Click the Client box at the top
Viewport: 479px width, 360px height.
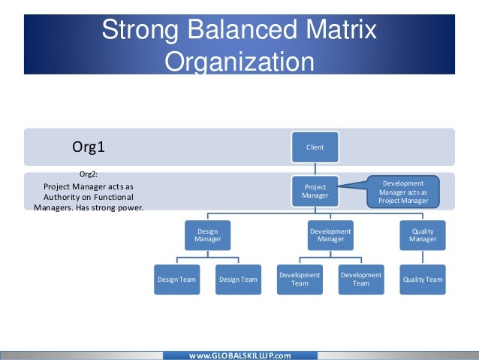(x=315, y=147)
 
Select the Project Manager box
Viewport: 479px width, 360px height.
(x=315, y=191)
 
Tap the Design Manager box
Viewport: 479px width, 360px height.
(x=207, y=234)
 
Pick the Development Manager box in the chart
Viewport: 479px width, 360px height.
(x=330, y=234)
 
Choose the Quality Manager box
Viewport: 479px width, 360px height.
(x=422, y=234)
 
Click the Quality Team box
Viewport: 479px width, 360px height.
(x=422, y=280)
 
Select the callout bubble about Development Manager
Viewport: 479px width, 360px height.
(x=403, y=192)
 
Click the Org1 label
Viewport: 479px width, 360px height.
(x=88, y=147)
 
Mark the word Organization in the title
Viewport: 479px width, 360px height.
(x=239, y=60)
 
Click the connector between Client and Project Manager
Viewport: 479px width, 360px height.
(x=315, y=169)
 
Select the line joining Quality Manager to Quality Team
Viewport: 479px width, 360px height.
(x=422, y=257)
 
